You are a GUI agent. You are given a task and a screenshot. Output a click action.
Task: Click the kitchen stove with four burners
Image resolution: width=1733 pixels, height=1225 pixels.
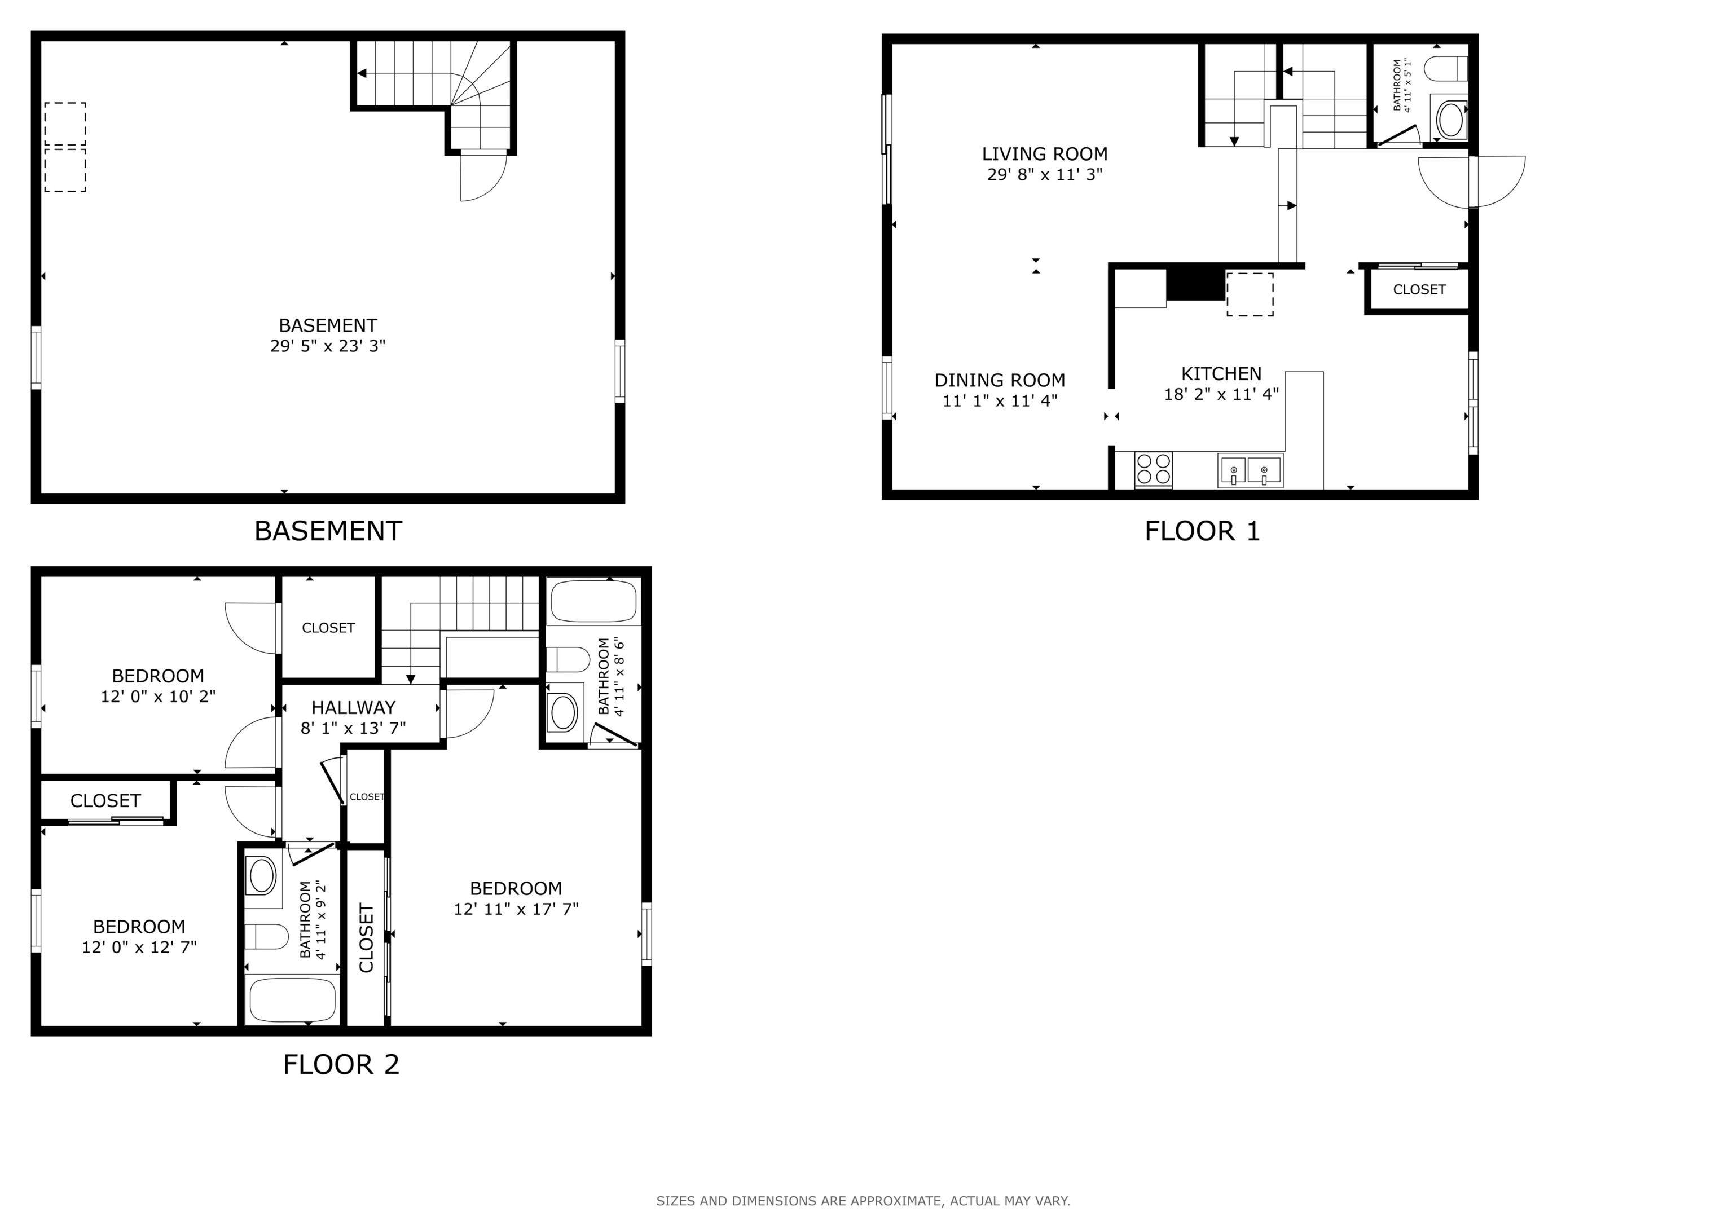point(1153,469)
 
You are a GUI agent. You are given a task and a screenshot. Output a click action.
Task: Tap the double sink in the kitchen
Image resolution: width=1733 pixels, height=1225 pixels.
point(1249,470)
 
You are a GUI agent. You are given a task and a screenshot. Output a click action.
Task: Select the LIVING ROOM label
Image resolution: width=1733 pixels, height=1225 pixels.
point(1045,154)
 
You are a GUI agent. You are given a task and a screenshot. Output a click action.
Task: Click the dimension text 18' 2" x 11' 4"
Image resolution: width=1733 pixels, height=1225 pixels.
point(1221,394)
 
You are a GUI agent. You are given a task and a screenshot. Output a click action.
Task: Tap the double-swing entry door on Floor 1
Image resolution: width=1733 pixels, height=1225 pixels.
point(1471,181)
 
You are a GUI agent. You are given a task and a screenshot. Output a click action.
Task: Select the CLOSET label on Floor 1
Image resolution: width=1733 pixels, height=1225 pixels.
point(1419,290)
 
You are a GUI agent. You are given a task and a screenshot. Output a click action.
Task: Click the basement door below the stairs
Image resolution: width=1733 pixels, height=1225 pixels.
point(483,175)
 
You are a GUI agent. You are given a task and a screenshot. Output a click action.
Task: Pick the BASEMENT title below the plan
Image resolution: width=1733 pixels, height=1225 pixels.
point(328,531)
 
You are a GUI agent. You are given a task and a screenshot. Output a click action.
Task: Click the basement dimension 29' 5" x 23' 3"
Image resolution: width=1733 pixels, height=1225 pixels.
point(328,346)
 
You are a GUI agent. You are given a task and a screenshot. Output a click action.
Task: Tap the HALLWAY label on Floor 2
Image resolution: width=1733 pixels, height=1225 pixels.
point(353,708)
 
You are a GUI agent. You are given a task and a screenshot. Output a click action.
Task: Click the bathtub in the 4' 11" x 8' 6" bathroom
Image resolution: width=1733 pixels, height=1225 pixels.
point(593,601)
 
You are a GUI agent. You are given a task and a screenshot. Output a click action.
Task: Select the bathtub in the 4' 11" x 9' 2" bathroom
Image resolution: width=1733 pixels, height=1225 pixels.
point(292,999)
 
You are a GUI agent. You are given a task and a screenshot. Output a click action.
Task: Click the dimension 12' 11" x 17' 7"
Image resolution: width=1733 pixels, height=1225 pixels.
point(516,909)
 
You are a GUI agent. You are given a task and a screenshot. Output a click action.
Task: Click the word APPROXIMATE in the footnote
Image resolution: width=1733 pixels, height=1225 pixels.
point(896,1200)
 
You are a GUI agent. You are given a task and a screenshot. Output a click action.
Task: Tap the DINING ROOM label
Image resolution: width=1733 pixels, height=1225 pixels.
point(999,380)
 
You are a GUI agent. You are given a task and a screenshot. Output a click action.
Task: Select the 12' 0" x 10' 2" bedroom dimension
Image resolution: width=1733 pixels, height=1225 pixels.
point(158,697)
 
